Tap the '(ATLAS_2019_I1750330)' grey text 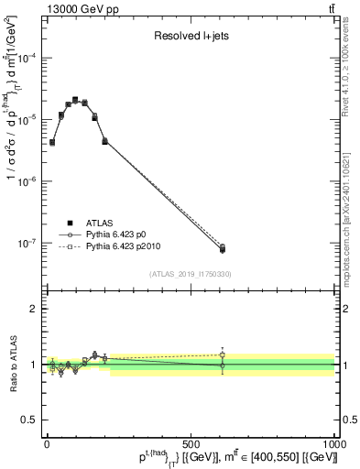pos(191,274)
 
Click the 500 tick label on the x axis pos(191,442)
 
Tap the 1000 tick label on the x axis pos(330,442)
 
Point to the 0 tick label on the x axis pos(48,442)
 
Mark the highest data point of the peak pos(75,100)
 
